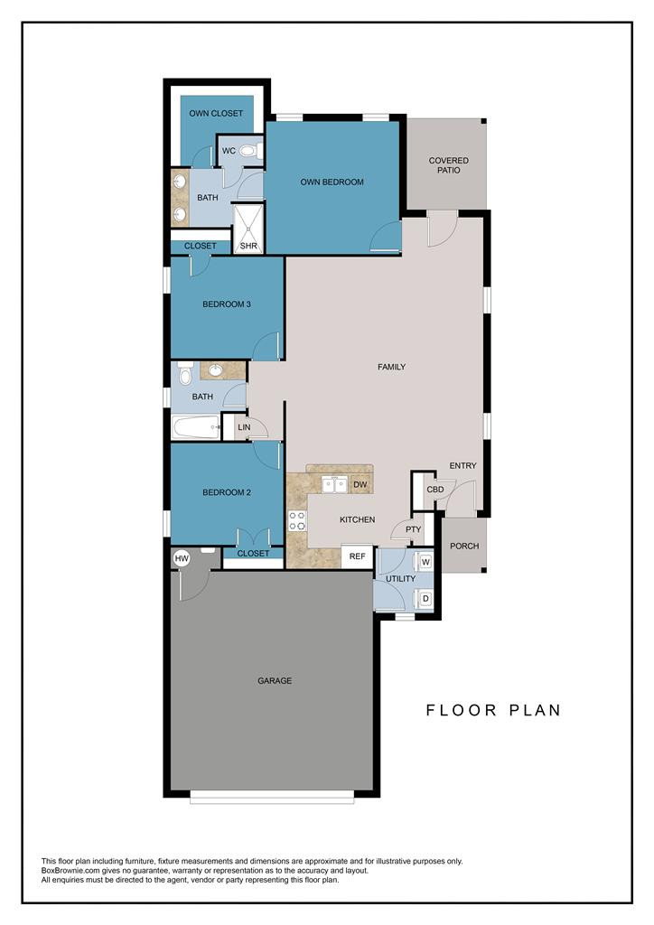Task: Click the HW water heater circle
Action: click(182, 558)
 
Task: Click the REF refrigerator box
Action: click(357, 556)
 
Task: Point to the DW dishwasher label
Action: click(360, 484)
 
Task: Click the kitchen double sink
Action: click(334, 485)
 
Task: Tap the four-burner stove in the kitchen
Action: click(297, 521)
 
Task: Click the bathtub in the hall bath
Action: click(195, 427)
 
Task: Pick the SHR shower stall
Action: click(248, 229)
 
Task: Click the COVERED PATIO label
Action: click(449, 165)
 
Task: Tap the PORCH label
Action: click(464, 547)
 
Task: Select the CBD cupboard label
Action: click(435, 490)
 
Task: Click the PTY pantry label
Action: click(414, 529)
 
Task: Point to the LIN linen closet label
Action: click(244, 427)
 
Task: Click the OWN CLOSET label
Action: click(216, 113)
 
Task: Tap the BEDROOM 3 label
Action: click(227, 304)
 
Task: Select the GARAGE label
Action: click(275, 681)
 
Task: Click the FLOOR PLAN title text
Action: click(493, 710)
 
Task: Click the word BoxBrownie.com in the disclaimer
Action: click(67, 871)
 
